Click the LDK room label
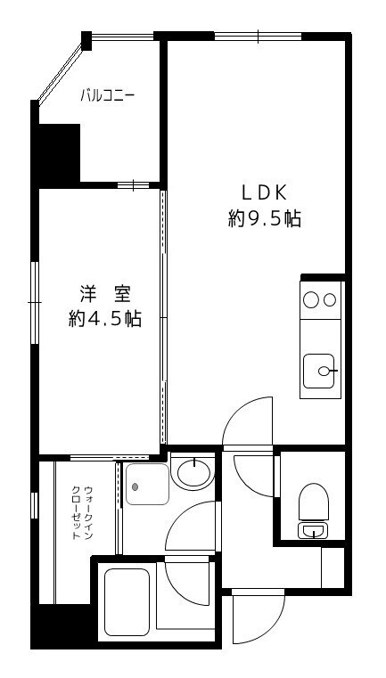[x=264, y=192]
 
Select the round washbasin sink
[x=193, y=471]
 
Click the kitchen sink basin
[x=320, y=370]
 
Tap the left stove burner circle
[x=311, y=300]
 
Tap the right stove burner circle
[x=330, y=300]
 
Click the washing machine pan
[x=146, y=485]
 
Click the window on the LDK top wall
[x=259, y=37]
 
